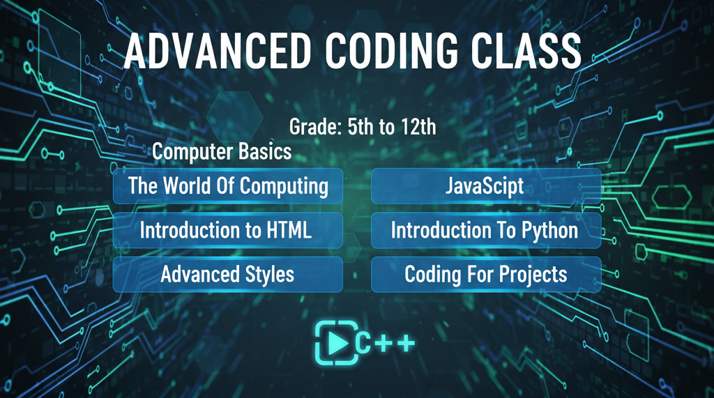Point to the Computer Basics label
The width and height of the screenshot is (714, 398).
click(x=222, y=151)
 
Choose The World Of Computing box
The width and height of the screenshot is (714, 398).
click(x=228, y=186)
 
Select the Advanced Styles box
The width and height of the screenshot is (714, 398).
click(x=228, y=274)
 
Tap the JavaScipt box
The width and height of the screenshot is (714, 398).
click(x=485, y=186)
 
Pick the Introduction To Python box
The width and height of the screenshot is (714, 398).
click(x=485, y=230)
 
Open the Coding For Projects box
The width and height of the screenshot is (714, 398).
click(x=485, y=274)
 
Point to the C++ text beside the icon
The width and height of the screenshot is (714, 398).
click(x=386, y=342)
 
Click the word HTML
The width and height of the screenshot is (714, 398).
click(x=287, y=230)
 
